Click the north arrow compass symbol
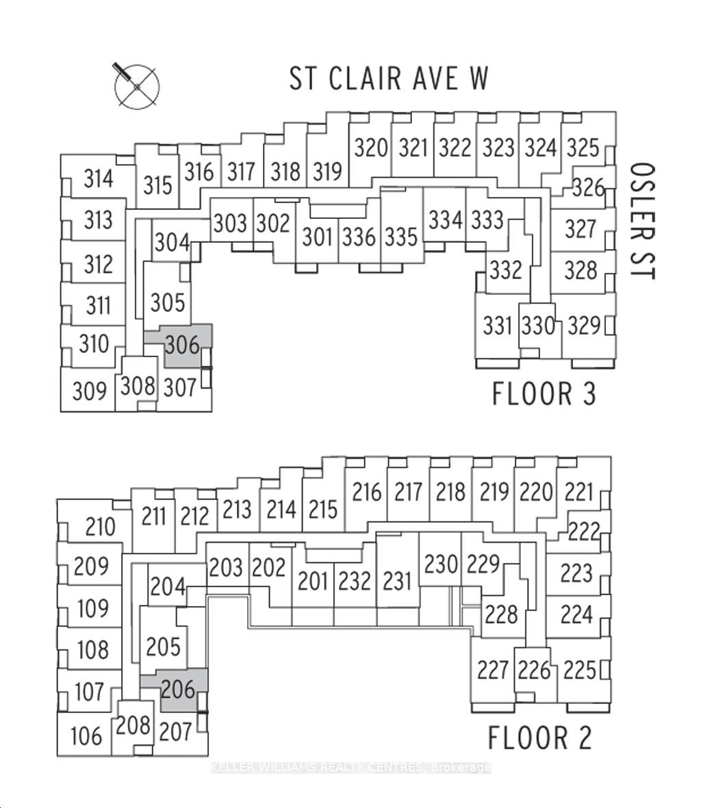click(137, 86)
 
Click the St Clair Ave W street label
click(388, 78)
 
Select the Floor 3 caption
click(544, 394)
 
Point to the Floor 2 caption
click(539, 738)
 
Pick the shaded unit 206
click(178, 689)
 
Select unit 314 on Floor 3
click(98, 179)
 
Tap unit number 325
click(583, 148)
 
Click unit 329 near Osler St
click(584, 326)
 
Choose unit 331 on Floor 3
click(498, 325)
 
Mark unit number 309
click(90, 391)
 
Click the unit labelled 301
click(317, 237)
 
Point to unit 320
click(372, 148)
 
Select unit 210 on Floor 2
click(100, 527)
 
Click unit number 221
click(579, 492)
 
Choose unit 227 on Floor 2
click(493, 669)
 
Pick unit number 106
click(86, 735)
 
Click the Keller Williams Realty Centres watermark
click(350, 768)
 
